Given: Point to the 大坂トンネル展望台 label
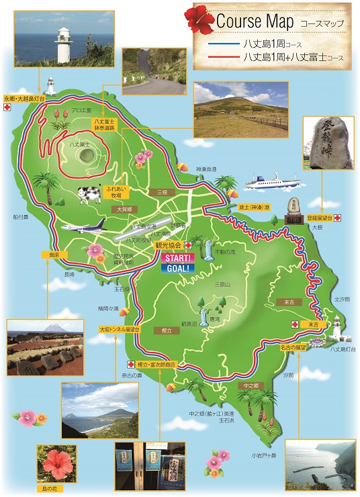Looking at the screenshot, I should coord(119,330).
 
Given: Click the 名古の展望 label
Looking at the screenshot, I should coord(293,347).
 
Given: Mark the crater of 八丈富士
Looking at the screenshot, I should coord(87,154).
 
